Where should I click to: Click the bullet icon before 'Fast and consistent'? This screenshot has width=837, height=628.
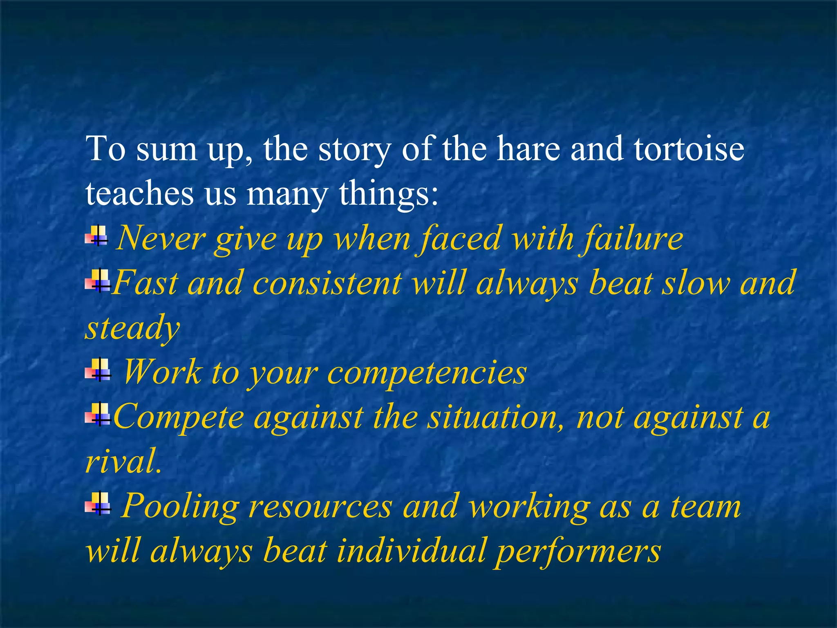coord(98,281)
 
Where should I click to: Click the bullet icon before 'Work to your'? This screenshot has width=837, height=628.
coord(98,370)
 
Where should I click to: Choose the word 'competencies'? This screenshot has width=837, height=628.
coord(427,373)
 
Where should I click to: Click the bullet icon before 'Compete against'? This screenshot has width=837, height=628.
coord(98,414)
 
